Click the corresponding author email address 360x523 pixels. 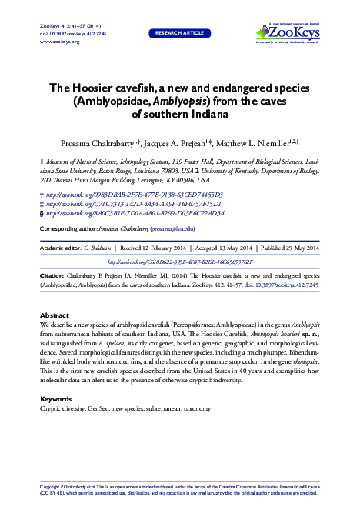click(171, 229)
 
